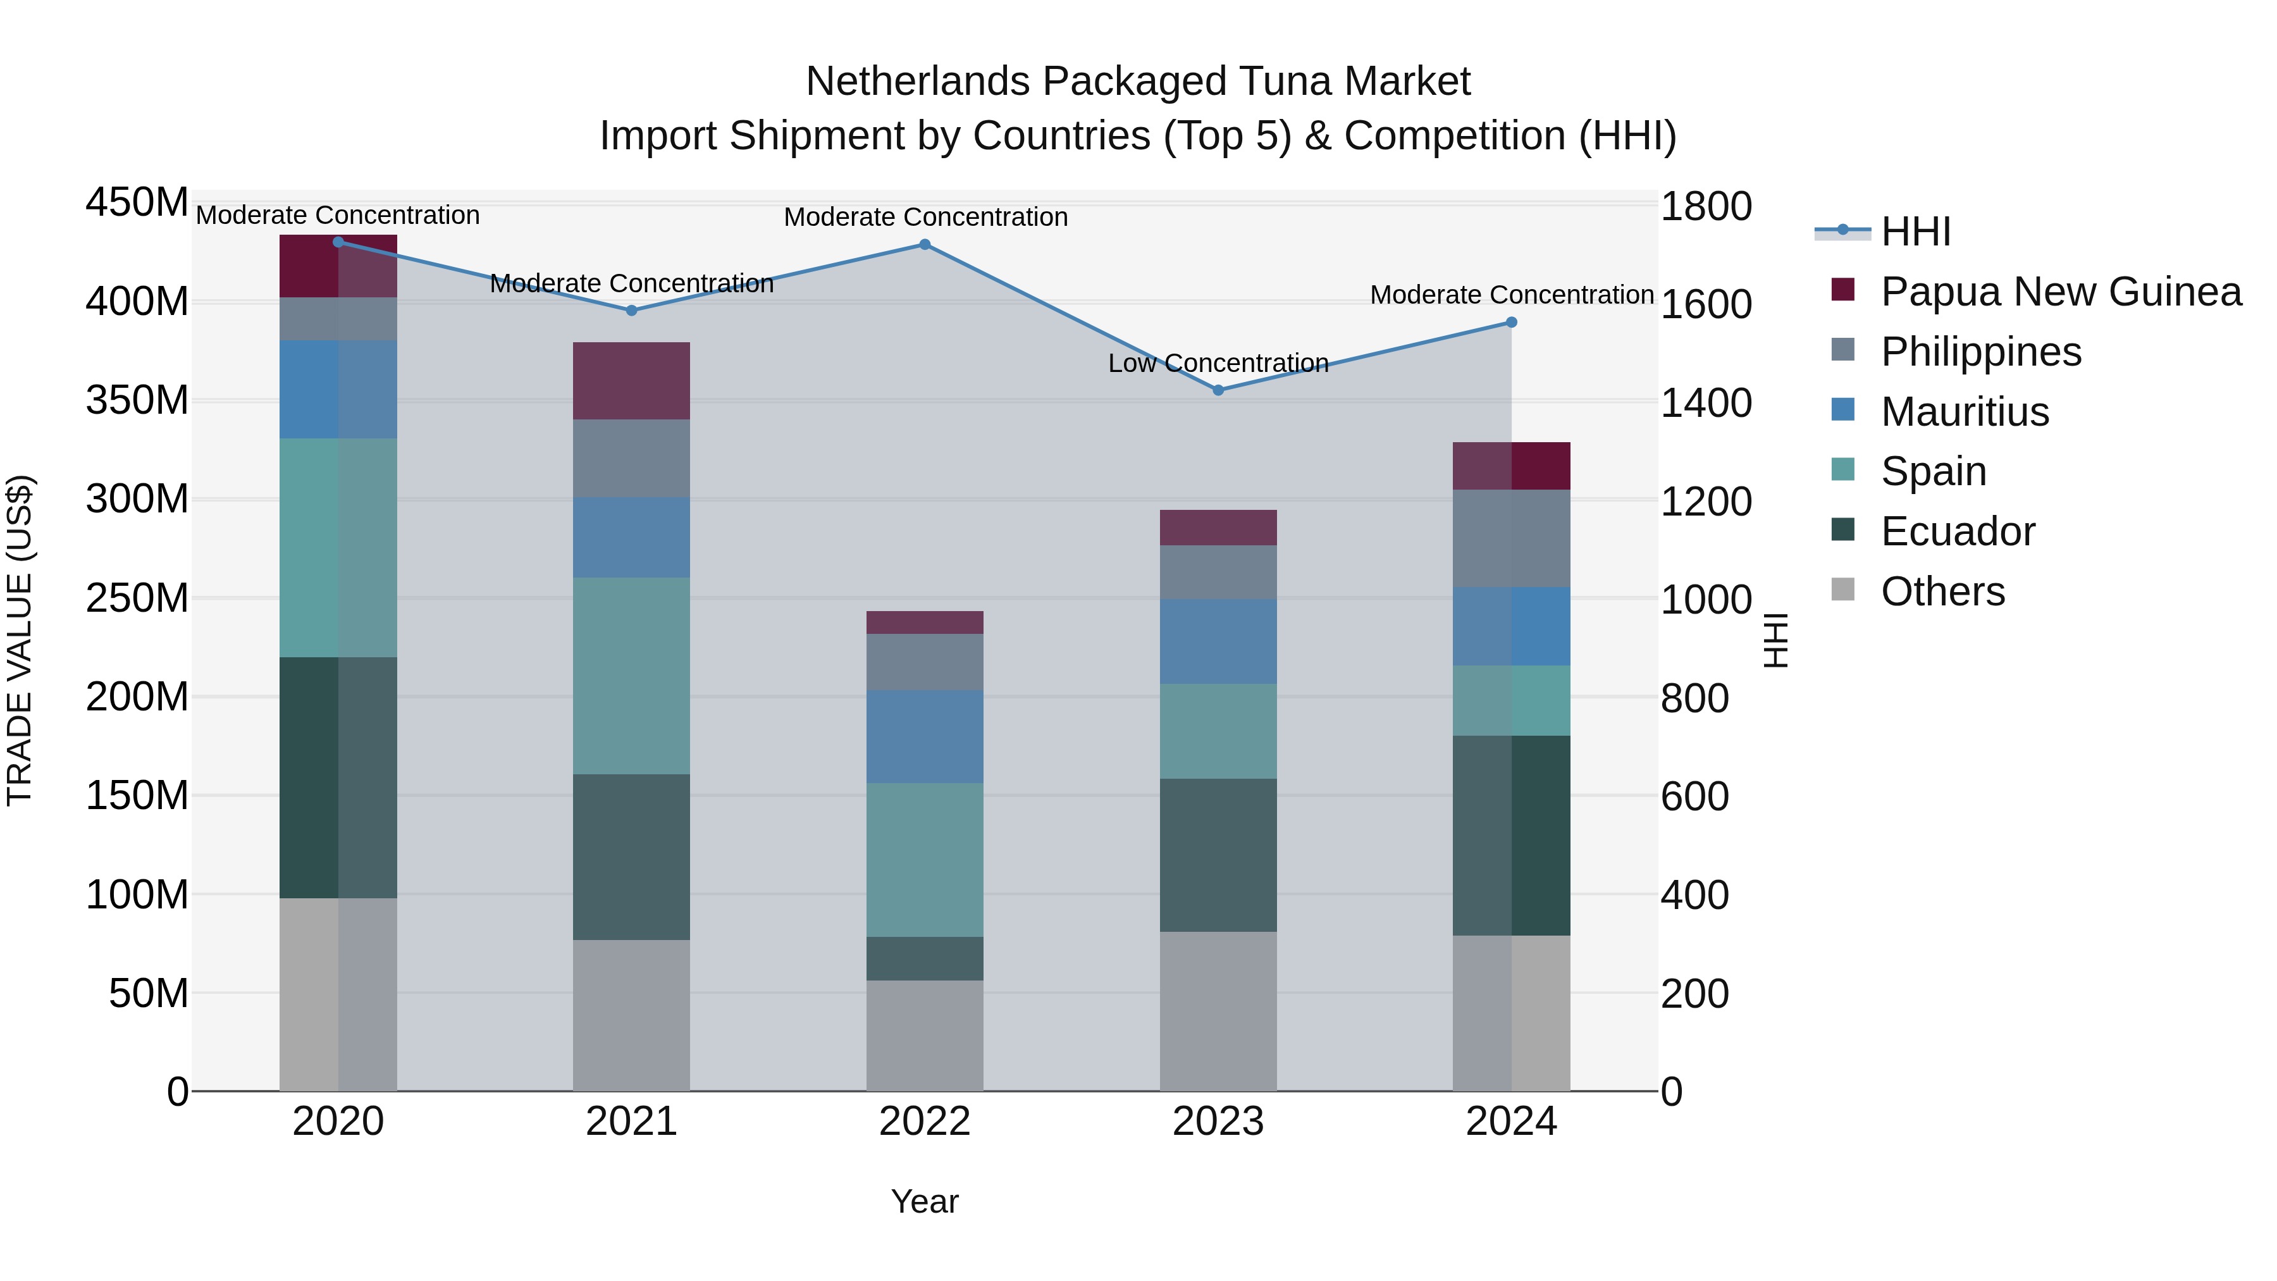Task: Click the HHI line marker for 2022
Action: coord(925,245)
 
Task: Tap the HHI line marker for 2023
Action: coord(1218,390)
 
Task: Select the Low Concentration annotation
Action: coord(1218,363)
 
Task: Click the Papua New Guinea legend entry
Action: coord(2059,292)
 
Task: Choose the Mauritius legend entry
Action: coord(1964,412)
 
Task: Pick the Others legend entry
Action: coord(1942,591)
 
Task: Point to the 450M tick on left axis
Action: coord(137,202)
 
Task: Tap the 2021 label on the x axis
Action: coord(631,1122)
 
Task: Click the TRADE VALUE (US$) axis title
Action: coord(20,640)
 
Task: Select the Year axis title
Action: coord(925,1201)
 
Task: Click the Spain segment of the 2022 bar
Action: coord(925,859)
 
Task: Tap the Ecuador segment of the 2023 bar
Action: coord(1218,855)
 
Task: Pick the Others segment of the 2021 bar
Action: coord(631,1015)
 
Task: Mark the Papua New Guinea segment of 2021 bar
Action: coord(631,380)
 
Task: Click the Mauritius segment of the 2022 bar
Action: coord(925,736)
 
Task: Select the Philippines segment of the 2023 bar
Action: coord(1218,572)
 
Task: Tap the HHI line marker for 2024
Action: coord(1512,323)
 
